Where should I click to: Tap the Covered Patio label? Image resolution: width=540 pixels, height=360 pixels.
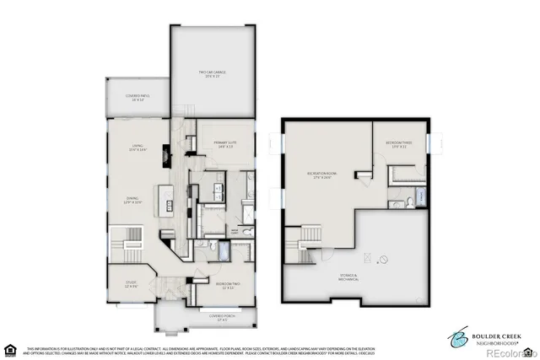click(137, 98)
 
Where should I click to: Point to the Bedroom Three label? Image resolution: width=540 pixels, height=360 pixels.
click(400, 144)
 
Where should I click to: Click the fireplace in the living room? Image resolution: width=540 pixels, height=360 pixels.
click(167, 153)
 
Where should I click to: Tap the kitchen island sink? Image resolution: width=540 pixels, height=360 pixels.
click(169, 205)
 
